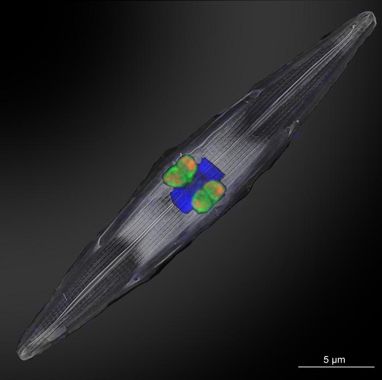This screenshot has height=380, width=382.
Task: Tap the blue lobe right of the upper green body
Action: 211,170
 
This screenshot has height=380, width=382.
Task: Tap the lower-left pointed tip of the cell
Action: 21,351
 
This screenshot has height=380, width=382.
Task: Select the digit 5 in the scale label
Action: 326,360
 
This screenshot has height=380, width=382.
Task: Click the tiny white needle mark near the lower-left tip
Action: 64,297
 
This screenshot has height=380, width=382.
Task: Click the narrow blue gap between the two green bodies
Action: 194,183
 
